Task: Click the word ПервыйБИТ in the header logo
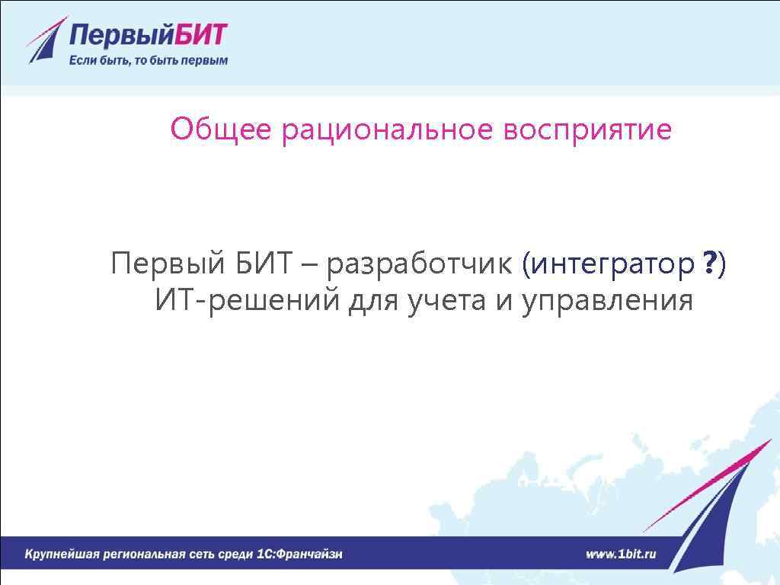point(149,35)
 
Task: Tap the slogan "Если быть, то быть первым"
point(149,60)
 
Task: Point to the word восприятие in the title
point(587,129)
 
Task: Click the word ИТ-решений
point(247,302)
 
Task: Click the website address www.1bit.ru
point(621,554)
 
